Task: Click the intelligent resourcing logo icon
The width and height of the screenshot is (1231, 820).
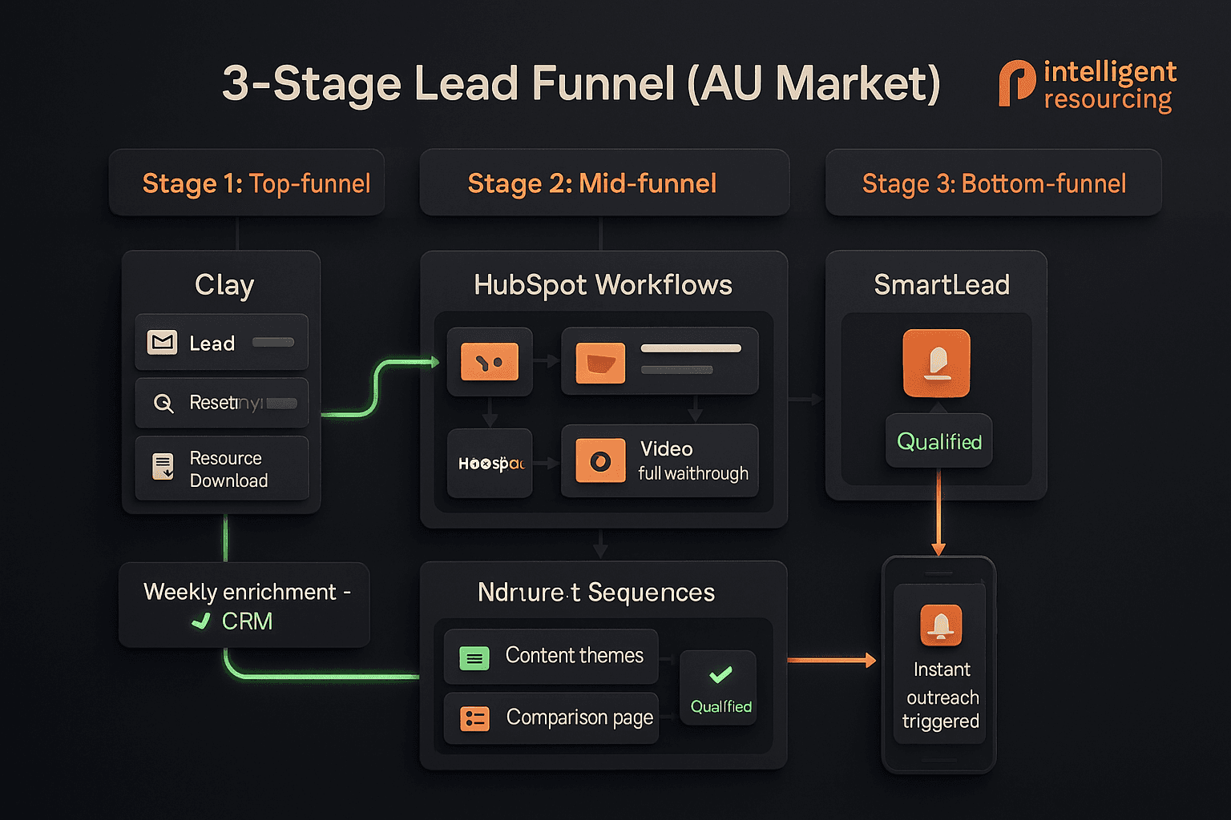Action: [1016, 83]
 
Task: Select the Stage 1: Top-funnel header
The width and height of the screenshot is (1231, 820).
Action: [256, 183]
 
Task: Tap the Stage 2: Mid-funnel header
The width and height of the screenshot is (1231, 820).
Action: [591, 183]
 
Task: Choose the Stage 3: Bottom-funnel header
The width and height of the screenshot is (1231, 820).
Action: [994, 183]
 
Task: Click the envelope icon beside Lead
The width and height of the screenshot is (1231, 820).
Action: [163, 343]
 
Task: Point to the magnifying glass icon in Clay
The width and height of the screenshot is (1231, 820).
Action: [163, 403]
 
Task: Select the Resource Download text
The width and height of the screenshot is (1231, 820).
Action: [228, 469]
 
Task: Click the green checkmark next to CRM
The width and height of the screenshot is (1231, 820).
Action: [201, 621]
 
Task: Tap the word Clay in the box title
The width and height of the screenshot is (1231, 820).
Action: [224, 285]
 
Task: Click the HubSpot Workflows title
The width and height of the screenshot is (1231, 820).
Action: [603, 285]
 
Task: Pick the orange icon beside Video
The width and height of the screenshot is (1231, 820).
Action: [600, 461]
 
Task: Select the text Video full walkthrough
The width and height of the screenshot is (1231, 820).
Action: [693, 461]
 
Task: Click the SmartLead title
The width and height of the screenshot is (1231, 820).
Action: [941, 285]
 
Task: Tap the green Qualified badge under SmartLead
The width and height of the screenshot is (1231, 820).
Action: [938, 441]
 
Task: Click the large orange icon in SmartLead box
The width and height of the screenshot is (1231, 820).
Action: [936, 363]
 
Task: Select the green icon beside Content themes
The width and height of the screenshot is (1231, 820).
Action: [474, 658]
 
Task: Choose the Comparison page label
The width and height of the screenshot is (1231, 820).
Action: [579, 717]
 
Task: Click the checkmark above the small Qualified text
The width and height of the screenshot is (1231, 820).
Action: [720, 674]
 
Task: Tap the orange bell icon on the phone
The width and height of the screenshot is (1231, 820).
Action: [941, 625]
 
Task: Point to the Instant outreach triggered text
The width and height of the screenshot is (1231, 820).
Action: [942, 695]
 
